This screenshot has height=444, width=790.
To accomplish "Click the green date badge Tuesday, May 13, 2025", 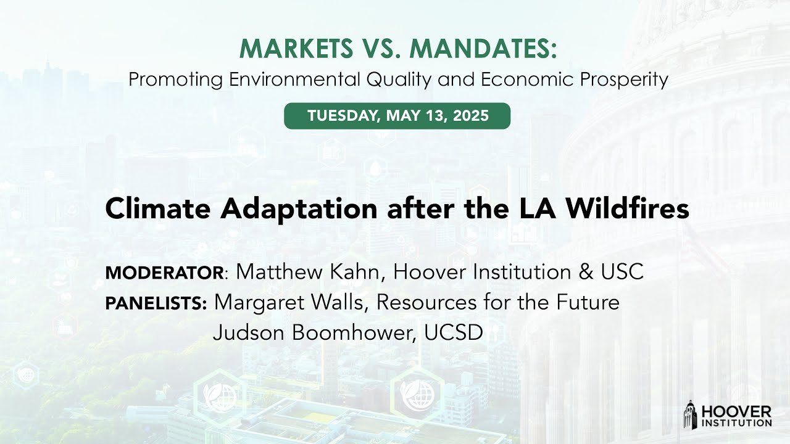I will [x=397, y=116].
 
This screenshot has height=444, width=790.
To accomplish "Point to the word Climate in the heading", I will [x=156, y=209].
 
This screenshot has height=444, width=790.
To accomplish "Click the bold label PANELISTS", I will [x=156, y=303].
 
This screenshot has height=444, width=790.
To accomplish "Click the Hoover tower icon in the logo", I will [x=690, y=414].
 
